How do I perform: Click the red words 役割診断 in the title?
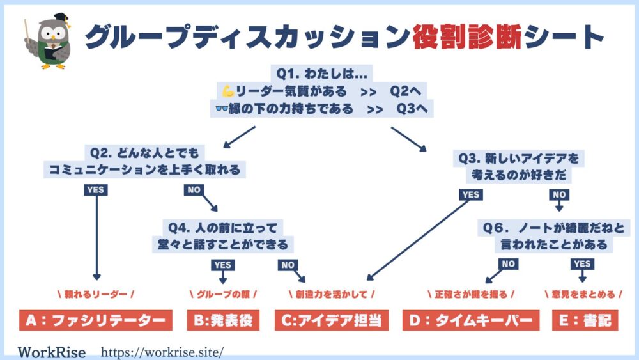(x=468, y=36)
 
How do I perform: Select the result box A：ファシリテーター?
(x=96, y=320)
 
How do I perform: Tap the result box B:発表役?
(x=223, y=320)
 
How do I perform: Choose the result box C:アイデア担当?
(x=332, y=320)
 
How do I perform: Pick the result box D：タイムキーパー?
(x=471, y=320)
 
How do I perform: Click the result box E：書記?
(x=585, y=320)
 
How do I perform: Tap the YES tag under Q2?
(x=96, y=190)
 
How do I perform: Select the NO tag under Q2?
(x=194, y=190)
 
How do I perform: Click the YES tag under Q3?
(x=471, y=195)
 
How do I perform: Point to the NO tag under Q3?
(x=559, y=195)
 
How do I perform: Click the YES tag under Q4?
(x=222, y=265)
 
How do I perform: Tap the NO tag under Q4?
(x=288, y=265)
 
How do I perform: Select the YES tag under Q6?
(x=582, y=264)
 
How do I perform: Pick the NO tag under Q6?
(x=508, y=264)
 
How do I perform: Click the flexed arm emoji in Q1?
(x=228, y=91)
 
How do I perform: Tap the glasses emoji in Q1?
(x=222, y=109)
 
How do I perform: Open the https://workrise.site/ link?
(x=162, y=352)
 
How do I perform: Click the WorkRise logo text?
(x=52, y=352)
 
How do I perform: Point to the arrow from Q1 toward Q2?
(x=239, y=137)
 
